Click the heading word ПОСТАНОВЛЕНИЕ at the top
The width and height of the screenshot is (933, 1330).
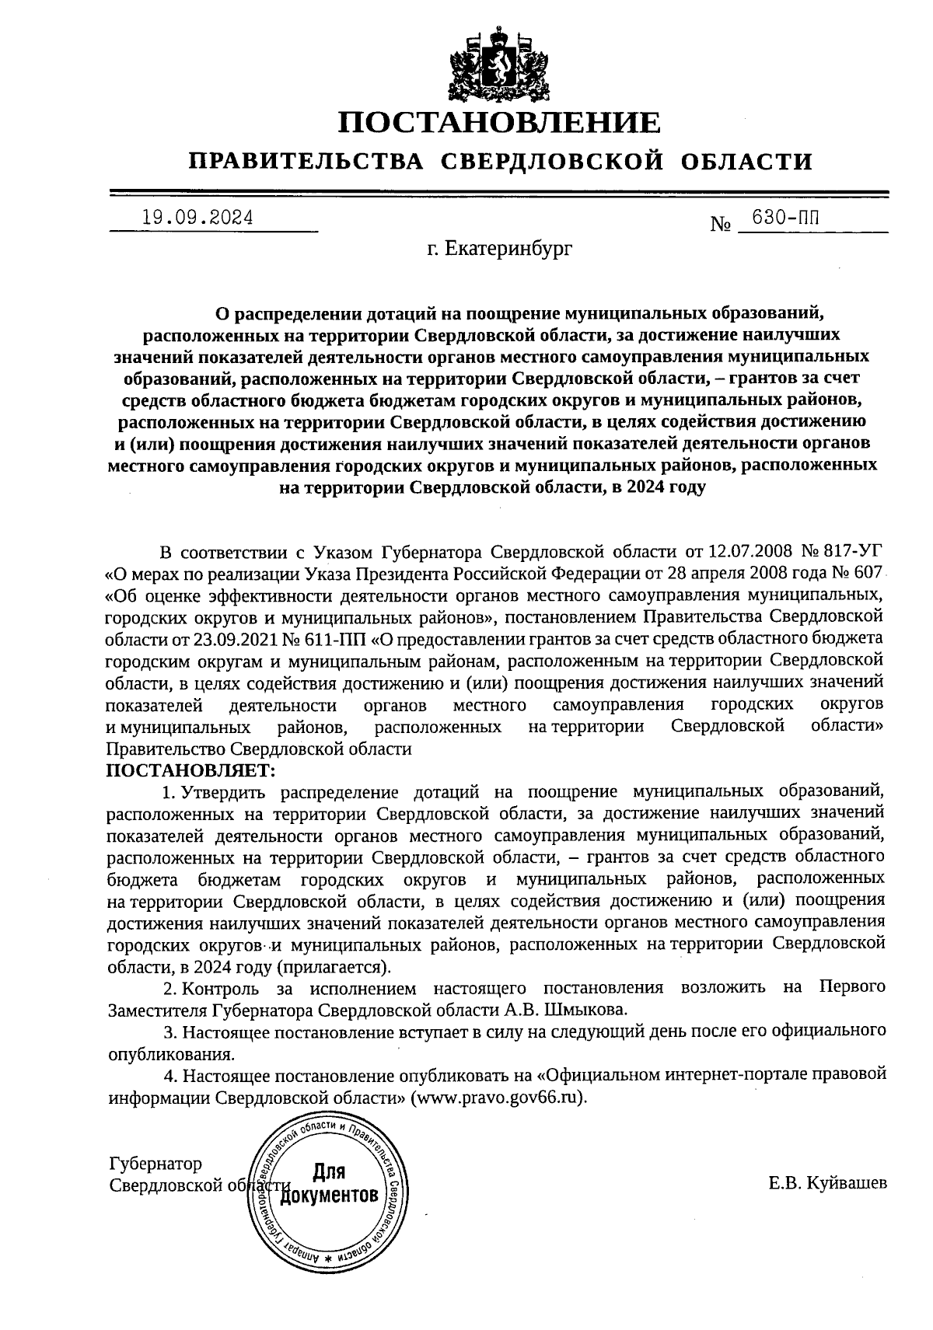click(x=500, y=123)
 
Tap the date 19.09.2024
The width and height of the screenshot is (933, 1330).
click(x=197, y=218)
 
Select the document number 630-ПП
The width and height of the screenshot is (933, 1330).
click(x=784, y=218)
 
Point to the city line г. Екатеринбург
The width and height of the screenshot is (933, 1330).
click(x=499, y=250)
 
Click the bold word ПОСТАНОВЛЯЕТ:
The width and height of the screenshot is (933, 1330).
click(x=190, y=770)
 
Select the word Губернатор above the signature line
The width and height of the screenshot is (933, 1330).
click(x=155, y=1164)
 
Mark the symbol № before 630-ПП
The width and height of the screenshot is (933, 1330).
click(x=722, y=225)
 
